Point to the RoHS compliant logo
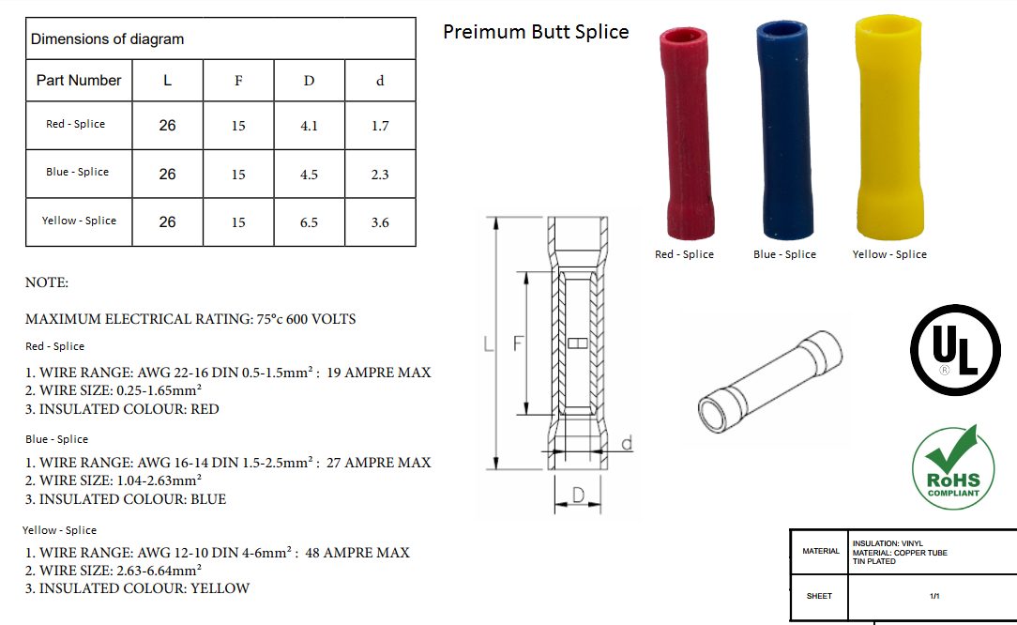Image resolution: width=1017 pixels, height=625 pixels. [x=952, y=467]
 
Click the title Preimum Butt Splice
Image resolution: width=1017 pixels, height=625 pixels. [x=536, y=32]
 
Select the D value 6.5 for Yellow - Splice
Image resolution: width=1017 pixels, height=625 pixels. [x=309, y=222]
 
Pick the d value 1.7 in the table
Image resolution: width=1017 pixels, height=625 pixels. [x=380, y=126]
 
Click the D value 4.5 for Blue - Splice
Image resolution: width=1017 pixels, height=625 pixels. [x=309, y=175]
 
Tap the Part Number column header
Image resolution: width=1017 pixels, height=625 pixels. [x=79, y=81]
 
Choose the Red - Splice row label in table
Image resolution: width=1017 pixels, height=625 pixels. [x=76, y=124]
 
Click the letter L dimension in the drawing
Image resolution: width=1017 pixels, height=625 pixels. [x=489, y=344]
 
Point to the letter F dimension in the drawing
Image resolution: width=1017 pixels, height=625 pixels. [x=517, y=344]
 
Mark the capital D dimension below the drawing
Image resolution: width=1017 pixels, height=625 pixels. [x=579, y=495]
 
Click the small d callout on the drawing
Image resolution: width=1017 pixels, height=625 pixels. [x=626, y=442]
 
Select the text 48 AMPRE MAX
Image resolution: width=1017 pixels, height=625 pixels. [x=357, y=553]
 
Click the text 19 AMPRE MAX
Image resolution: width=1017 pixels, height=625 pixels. [x=379, y=373]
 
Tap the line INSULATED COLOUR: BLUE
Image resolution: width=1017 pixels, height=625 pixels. [x=126, y=499]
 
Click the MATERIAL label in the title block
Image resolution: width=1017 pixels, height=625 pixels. [x=821, y=551]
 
